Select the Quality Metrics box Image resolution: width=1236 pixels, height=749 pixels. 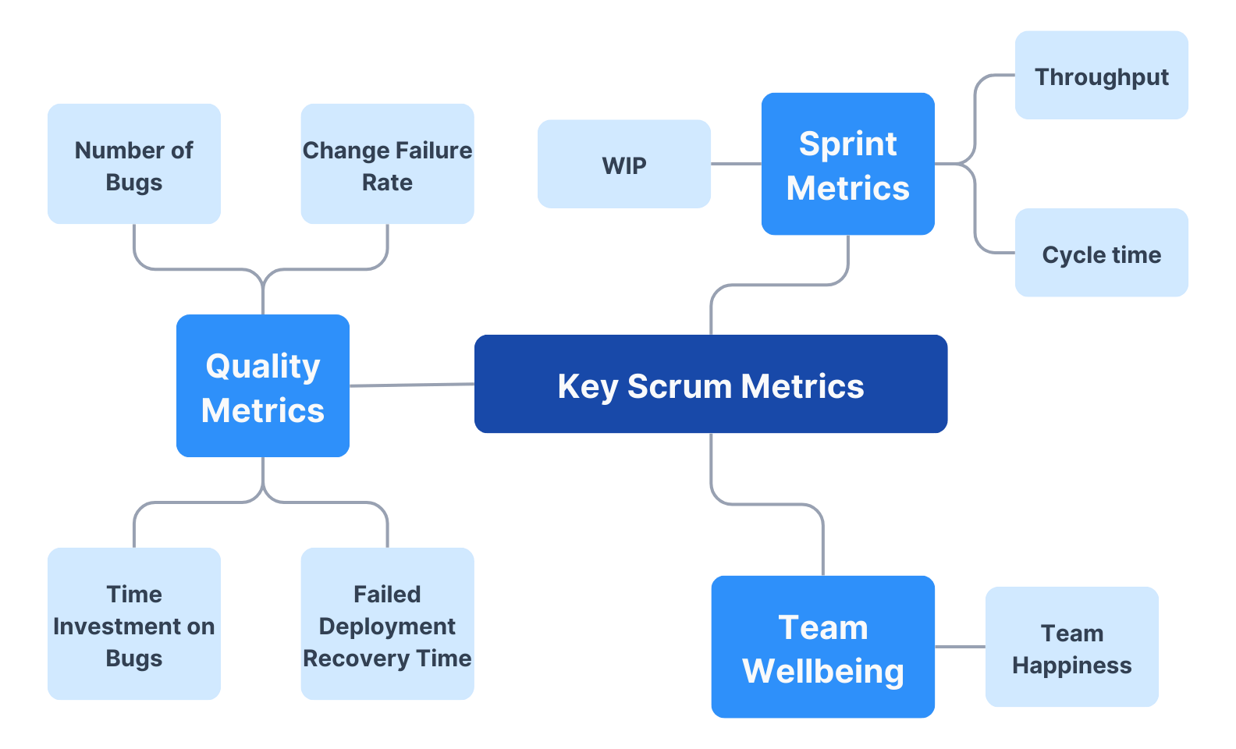(263, 386)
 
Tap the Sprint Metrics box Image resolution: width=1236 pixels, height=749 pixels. (847, 164)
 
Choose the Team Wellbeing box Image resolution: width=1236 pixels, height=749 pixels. (822, 648)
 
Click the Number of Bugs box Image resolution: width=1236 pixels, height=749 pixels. (134, 165)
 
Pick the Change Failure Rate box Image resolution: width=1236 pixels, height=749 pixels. (387, 165)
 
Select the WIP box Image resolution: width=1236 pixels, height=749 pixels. (624, 165)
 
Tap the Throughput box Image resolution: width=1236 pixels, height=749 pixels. (1101, 76)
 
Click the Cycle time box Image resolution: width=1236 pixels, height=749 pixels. (1101, 254)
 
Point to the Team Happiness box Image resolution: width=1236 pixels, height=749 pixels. (1071, 648)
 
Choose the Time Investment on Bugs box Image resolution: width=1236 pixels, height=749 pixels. (134, 624)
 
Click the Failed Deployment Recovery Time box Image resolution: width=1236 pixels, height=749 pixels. (387, 624)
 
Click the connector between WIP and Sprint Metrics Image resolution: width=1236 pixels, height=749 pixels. (736, 164)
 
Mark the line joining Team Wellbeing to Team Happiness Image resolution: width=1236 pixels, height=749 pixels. (960, 647)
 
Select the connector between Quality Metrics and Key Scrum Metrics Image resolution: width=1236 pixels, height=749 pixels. (412, 385)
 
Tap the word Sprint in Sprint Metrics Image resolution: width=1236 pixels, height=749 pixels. (847, 144)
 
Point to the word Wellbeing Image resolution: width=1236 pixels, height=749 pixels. (822, 671)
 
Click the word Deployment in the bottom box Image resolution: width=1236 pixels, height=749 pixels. (387, 627)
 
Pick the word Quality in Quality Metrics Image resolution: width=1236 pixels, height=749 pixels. (263, 366)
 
